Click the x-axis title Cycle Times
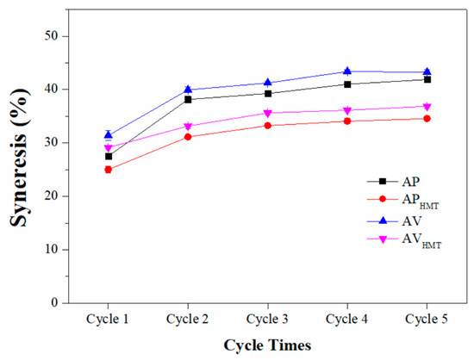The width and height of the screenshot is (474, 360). (268, 344)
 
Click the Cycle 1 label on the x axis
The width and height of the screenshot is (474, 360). (109, 318)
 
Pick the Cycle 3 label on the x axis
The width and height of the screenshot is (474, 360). (268, 318)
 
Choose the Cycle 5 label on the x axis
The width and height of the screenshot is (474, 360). (427, 318)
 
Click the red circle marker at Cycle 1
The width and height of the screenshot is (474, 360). (109, 170)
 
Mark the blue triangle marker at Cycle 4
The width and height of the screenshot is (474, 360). (347, 71)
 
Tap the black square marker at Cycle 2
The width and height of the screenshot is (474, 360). (189, 99)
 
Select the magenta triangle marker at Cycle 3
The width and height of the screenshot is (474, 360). (268, 113)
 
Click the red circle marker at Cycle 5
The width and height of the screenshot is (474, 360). (427, 118)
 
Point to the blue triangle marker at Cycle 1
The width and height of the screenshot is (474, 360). (109, 134)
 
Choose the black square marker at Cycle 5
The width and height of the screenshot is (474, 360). (427, 79)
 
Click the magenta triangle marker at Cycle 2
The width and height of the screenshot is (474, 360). (189, 127)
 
